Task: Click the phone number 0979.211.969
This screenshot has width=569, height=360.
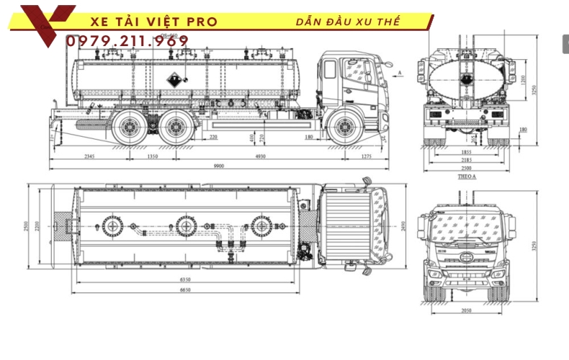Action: click(x=127, y=41)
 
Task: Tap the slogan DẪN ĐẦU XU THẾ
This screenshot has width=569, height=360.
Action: click(x=348, y=22)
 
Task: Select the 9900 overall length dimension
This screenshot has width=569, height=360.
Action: click(x=219, y=166)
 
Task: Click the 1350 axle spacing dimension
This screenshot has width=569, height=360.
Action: click(x=153, y=156)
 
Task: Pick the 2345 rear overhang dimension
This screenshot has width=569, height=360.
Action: click(x=90, y=156)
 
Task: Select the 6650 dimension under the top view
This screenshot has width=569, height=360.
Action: click(x=186, y=289)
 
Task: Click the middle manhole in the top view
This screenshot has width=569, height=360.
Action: click(x=187, y=226)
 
